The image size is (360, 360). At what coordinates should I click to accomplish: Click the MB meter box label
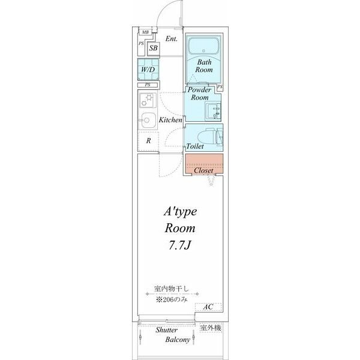145,32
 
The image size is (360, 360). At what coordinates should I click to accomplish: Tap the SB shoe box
154,48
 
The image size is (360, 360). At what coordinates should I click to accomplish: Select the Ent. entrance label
171,39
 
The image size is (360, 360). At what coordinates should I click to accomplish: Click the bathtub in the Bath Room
203,46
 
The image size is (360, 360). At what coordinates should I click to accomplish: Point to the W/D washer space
148,70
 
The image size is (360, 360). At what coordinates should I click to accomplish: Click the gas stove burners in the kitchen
148,100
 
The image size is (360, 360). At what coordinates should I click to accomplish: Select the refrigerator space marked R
148,141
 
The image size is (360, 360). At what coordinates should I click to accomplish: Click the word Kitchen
170,119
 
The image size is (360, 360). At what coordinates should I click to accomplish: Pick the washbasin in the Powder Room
213,112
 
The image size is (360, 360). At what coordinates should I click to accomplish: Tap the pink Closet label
203,170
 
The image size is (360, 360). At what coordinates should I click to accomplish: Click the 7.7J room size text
180,245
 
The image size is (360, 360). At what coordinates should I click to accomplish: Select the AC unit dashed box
208,307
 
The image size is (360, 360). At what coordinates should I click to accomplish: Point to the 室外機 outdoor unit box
211,328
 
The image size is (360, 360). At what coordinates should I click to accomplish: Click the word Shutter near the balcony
166,330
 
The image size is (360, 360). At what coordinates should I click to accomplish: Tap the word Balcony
178,340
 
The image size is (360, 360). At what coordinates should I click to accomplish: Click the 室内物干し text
171,289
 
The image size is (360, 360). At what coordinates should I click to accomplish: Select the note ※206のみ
172,299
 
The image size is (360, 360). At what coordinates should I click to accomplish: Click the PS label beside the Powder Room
220,87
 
